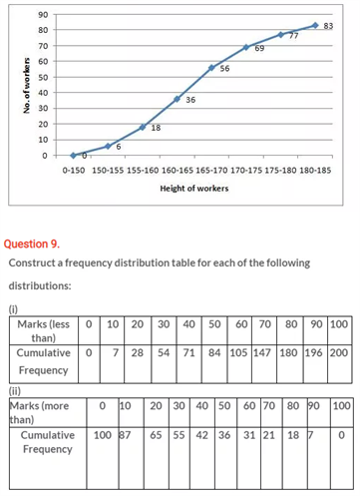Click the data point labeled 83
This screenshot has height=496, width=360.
click(315, 26)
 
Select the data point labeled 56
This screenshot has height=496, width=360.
click(211, 68)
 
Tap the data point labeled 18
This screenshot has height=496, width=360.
click(143, 127)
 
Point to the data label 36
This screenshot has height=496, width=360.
click(190, 101)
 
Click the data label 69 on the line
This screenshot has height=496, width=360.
click(259, 48)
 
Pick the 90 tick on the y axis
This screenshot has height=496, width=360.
click(44, 14)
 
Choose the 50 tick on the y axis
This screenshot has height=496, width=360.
click(44, 77)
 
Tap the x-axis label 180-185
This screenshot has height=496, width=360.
click(314, 170)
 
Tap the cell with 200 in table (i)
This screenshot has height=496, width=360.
click(338, 352)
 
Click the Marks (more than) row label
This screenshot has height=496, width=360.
click(43, 413)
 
